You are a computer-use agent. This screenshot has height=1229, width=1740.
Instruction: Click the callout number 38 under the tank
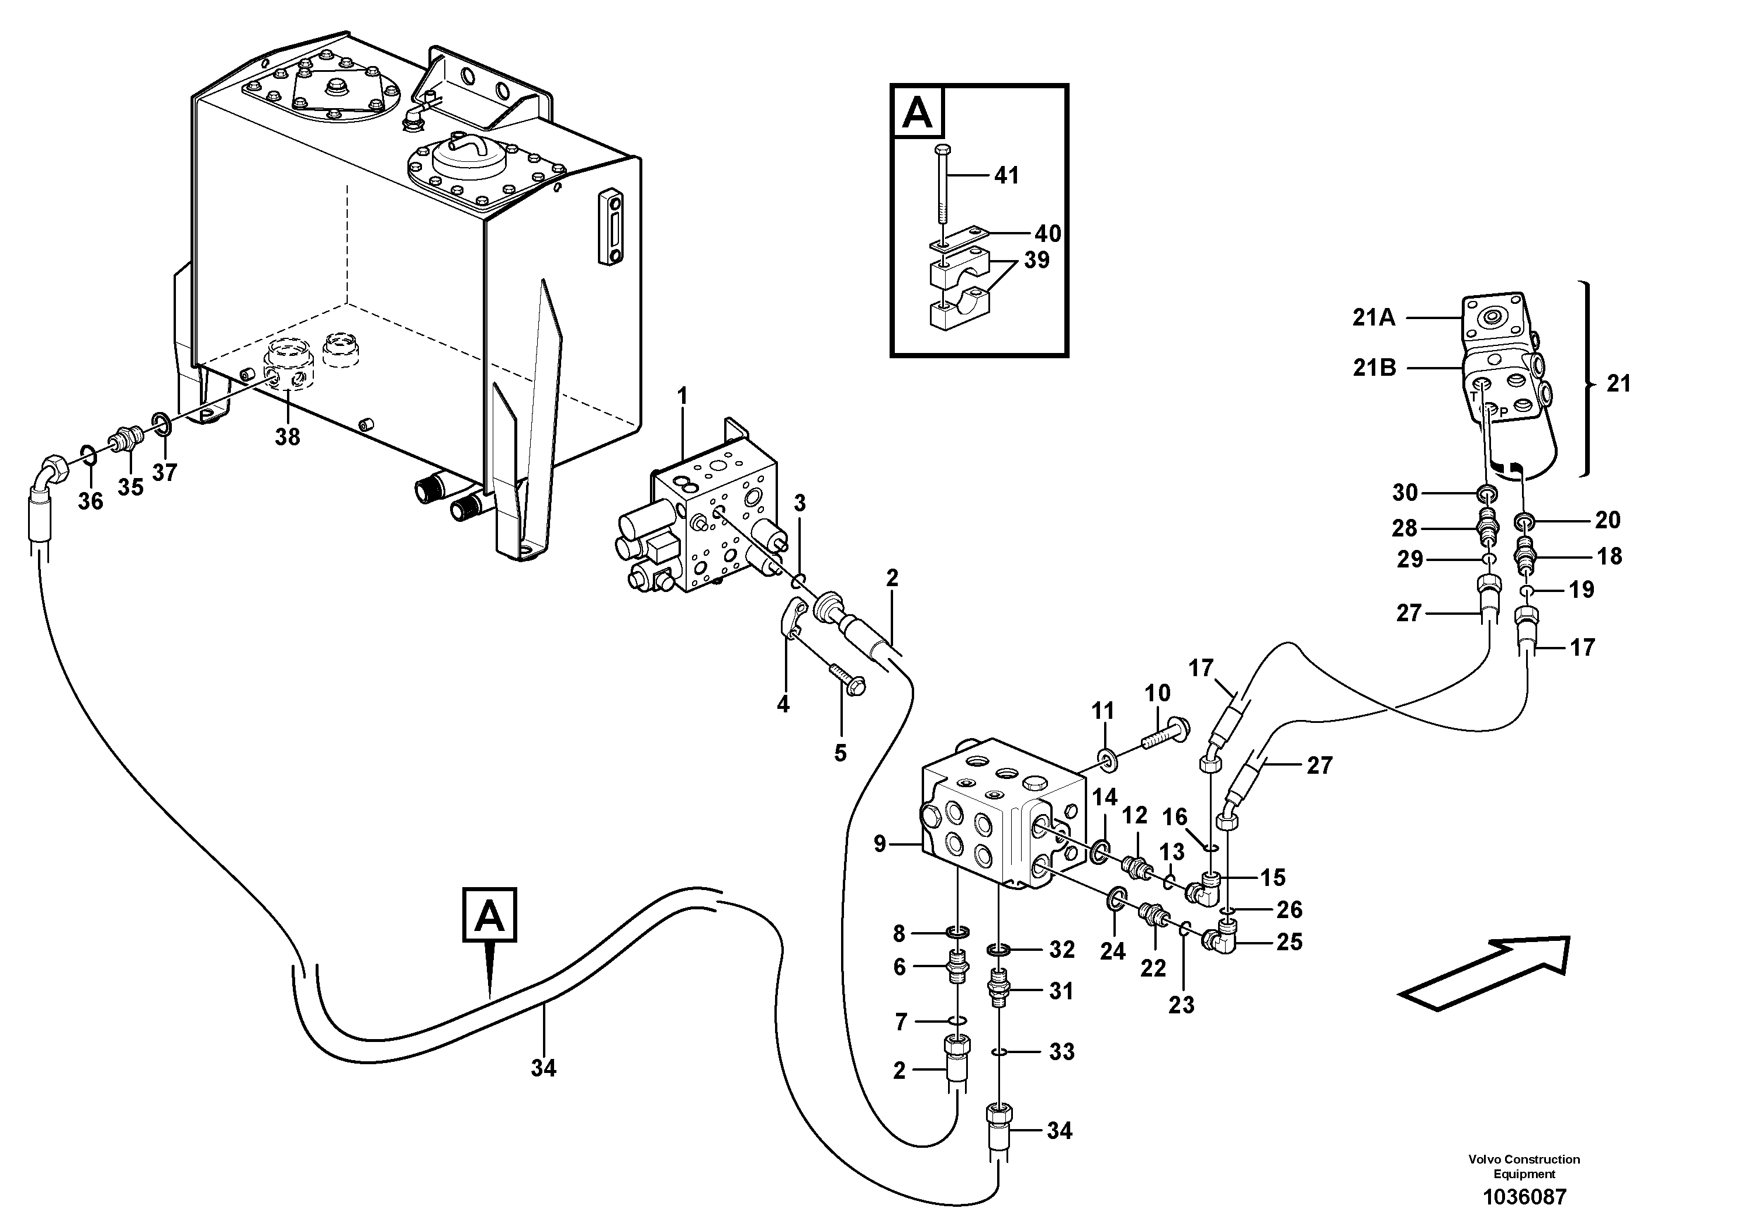[287, 437]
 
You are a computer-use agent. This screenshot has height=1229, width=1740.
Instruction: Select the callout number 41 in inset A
[1006, 176]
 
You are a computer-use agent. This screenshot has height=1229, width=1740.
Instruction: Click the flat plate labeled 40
[956, 237]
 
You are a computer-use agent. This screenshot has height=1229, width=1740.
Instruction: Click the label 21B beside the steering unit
[1374, 368]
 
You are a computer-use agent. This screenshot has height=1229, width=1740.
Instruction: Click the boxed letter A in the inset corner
[918, 113]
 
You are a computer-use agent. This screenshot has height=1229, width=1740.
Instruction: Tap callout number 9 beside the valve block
[880, 843]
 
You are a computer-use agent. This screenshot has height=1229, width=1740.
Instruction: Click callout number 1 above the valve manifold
[682, 396]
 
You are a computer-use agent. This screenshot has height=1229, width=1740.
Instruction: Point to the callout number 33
[1062, 1052]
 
